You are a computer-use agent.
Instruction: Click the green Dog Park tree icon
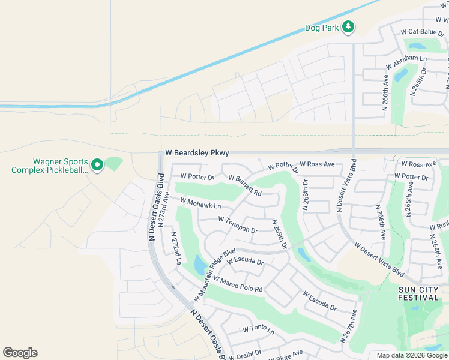coord(348,27)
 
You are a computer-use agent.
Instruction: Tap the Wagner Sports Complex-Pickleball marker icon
coord(96,164)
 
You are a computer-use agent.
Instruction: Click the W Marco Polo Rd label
coord(238,283)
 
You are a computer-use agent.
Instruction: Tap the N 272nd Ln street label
coord(176,248)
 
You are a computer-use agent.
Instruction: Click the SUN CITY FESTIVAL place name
coord(419,293)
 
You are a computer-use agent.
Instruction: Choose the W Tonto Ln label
coord(258,330)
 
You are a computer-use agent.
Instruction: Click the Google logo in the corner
coord(20,353)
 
